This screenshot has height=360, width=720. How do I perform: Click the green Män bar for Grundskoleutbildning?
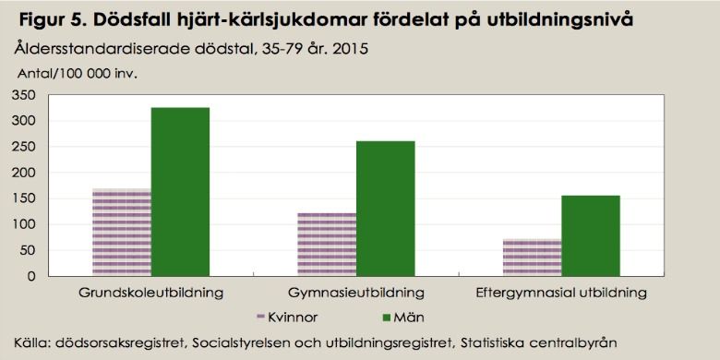click(180, 192)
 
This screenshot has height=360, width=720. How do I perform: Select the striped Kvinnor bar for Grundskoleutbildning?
click(121, 232)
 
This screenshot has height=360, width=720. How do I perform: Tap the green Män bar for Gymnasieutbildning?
click(385, 209)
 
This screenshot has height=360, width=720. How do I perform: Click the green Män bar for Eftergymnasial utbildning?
click(590, 235)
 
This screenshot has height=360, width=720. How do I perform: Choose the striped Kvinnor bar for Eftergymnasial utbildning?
click(531, 257)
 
